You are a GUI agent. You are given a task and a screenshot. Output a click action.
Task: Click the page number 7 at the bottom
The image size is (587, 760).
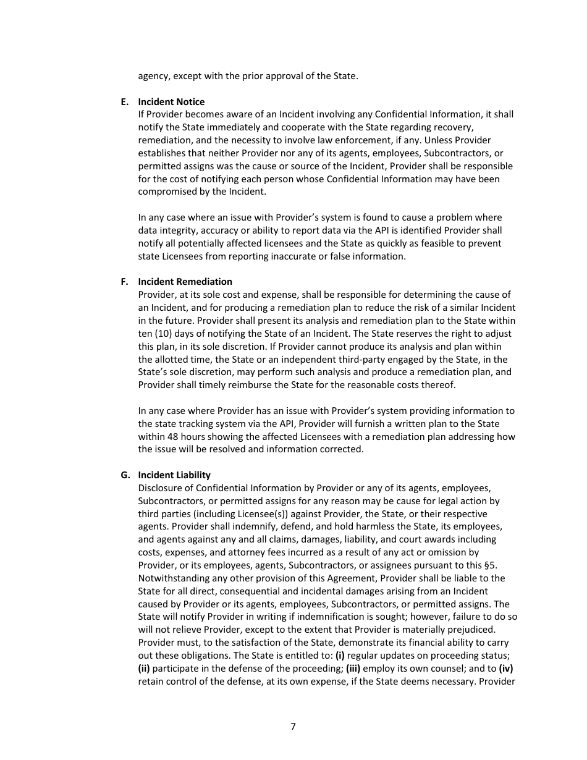click(x=293, y=727)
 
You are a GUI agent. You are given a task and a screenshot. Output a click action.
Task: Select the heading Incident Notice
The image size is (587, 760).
click(x=171, y=102)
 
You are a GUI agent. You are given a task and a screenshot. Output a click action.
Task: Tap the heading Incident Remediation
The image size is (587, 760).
click(x=185, y=282)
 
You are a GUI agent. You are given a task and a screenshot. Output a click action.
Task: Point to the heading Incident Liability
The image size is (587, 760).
click(x=174, y=475)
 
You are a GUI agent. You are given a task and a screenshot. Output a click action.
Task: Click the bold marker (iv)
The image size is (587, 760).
click(x=505, y=669)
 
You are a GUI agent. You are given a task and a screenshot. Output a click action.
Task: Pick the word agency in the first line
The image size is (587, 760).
click(x=153, y=77)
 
